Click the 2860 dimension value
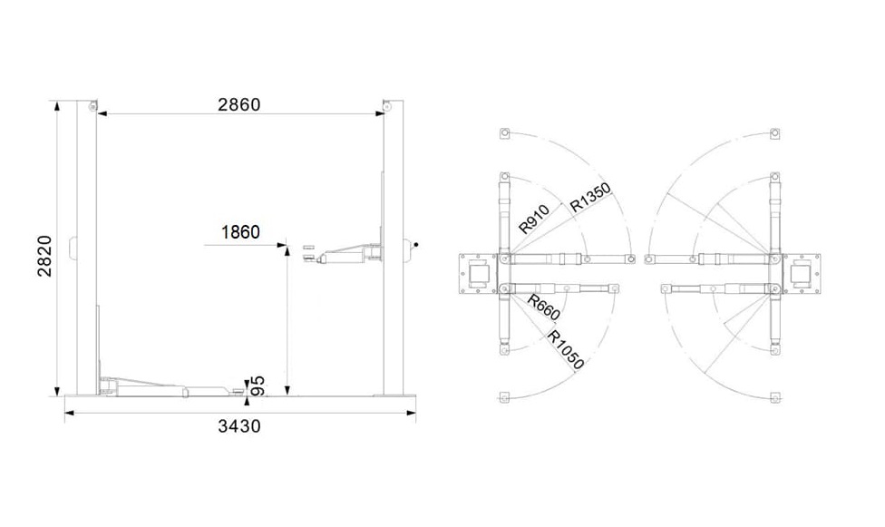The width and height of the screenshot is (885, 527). tap(239, 104)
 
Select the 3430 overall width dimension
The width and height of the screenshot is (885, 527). tap(239, 426)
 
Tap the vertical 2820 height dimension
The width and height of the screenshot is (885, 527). tap(44, 256)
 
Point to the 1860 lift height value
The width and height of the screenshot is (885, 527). tap(240, 232)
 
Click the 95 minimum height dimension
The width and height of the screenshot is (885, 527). tap(257, 385)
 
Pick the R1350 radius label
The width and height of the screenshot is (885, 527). tap(590, 197)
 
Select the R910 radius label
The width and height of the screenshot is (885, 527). tap(534, 220)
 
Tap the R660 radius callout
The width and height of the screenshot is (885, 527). tap(543, 307)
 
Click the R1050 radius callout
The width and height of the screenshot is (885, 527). tap(566, 349)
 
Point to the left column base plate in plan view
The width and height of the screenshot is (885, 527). tap(478, 274)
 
